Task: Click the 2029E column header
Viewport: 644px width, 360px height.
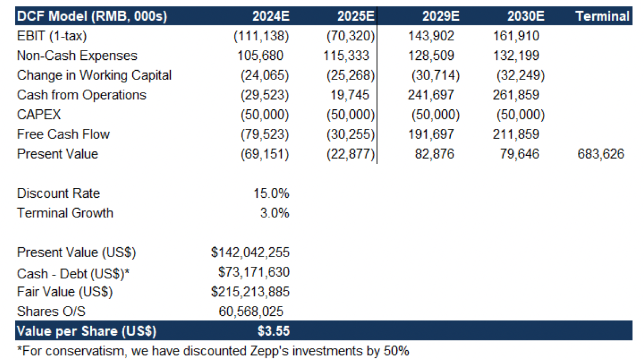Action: (x=440, y=16)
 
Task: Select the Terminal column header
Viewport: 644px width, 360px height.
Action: (x=602, y=16)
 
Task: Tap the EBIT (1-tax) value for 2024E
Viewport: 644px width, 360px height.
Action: (x=261, y=36)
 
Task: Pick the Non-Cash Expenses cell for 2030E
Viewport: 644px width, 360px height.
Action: (x=516, y=55)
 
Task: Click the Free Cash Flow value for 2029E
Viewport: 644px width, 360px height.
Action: (x=431, y=134)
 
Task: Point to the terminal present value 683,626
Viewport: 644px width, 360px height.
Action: (x=600, y=154)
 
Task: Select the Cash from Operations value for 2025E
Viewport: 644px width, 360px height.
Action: (x=350, y=95)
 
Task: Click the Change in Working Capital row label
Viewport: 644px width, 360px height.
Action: (x=94, y=75)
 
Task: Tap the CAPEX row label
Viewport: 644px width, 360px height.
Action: (x=39, y=114)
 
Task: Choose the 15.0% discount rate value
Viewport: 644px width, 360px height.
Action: (x=271, y=193)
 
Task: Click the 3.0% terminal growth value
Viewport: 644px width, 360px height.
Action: (x=274, y=213)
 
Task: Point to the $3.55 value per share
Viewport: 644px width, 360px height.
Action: (x=274, y=331)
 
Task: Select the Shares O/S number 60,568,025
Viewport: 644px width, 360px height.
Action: (x=251, y=312)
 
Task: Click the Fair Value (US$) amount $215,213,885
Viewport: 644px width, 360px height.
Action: (x=250, y=292)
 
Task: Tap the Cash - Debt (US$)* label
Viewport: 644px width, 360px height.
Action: (x=73, y=274)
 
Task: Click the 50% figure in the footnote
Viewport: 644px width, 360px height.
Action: (x=396, y=351)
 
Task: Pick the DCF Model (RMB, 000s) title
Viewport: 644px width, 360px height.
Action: (x=92, y=17)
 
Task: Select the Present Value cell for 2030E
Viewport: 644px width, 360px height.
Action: (x=519, y=154)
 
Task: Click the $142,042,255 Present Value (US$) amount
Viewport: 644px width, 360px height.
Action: (x=250, y=252)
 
